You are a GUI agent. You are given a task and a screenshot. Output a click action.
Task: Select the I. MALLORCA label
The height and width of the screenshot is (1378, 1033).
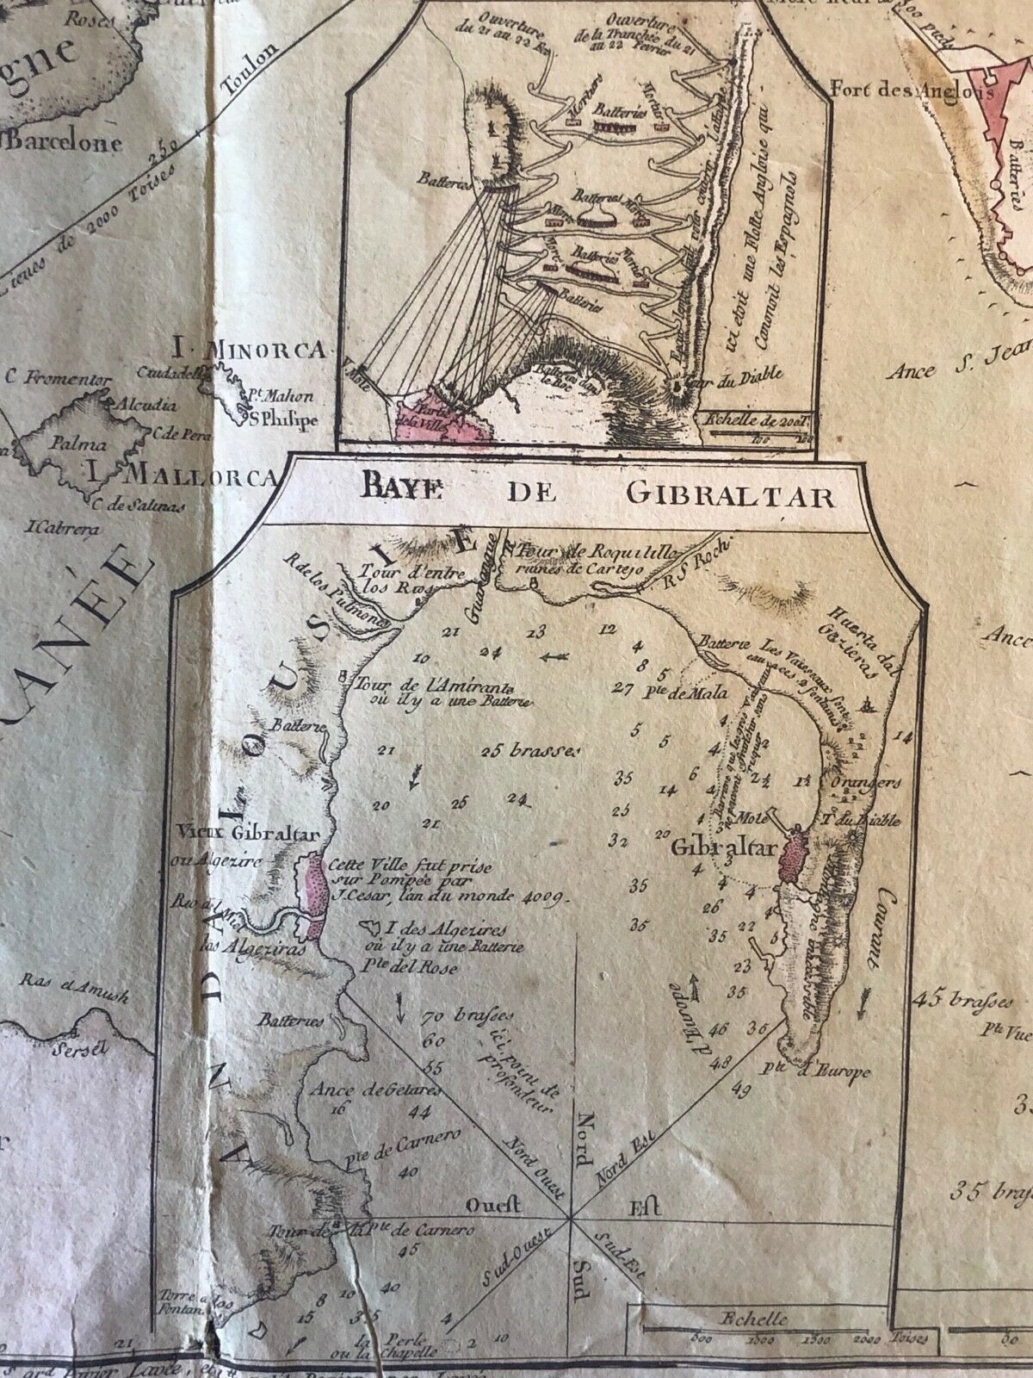point(181,475)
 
